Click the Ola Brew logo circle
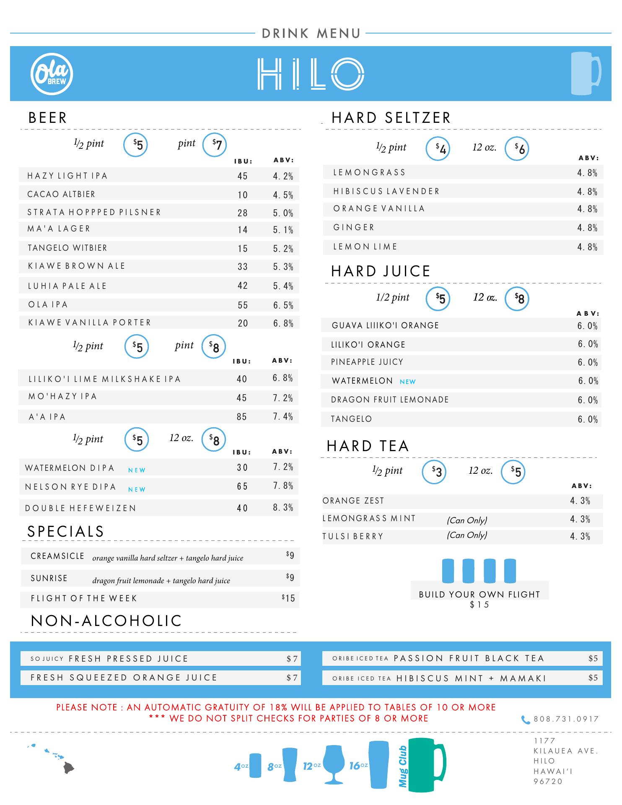click(x=52, y=74)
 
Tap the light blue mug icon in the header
click(x=586, y=73)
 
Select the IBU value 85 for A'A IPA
click(x=242, y=417)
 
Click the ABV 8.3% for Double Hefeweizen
click(x=283, y=507)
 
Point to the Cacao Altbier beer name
click(x=61, y=194)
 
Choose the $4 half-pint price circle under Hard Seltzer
click(x=438, y=148)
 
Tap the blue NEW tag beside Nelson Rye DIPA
click(x=137, y=489)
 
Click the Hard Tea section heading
click(x=368, y=446)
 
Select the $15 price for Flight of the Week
click(x=288, y=598)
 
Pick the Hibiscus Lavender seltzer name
click(x=386, y=191)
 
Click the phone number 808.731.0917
click(x=566, y=719)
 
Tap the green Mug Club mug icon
click(x=426, y=765)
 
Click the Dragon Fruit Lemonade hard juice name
click(x=390, y=400)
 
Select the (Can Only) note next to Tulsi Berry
click(x=467, y=535)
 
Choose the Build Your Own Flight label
click(x=479, y=594)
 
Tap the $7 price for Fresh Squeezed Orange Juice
click(x=292, y=678)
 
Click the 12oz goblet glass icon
click(x=334, y=764)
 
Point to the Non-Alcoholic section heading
click(x=106, y=621)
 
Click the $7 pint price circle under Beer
click(x=214, y=145)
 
